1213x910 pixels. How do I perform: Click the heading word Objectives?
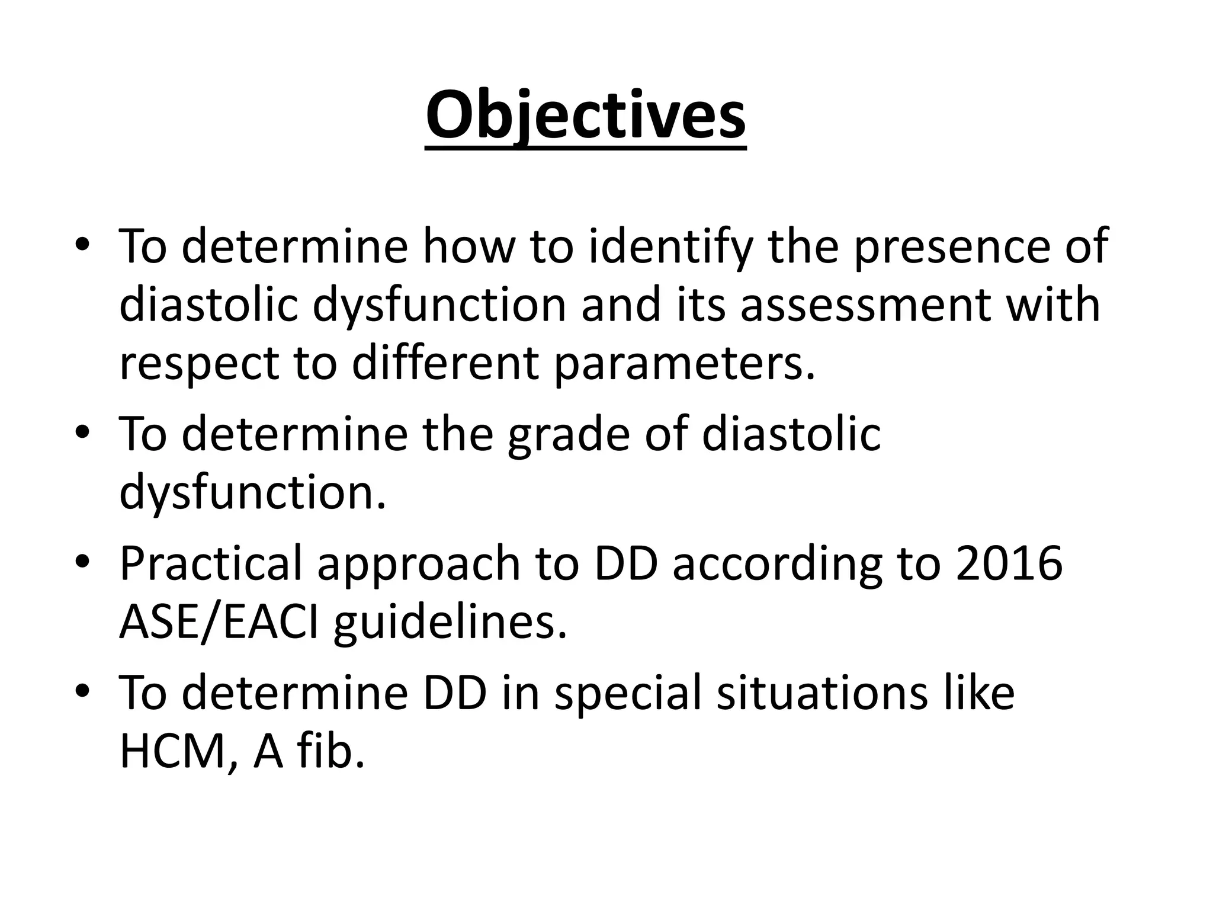click(x=585, y=116)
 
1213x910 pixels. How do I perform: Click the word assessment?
click(x=865, y=305)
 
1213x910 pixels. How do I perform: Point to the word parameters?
click(x=683, y=364)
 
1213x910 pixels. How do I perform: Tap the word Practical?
click(x=211, y=563)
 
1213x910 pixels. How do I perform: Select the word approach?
click(x=418, y=563)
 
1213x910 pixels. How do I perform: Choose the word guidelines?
click(x=450, y=623)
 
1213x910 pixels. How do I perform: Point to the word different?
click(x=445, y=364)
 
